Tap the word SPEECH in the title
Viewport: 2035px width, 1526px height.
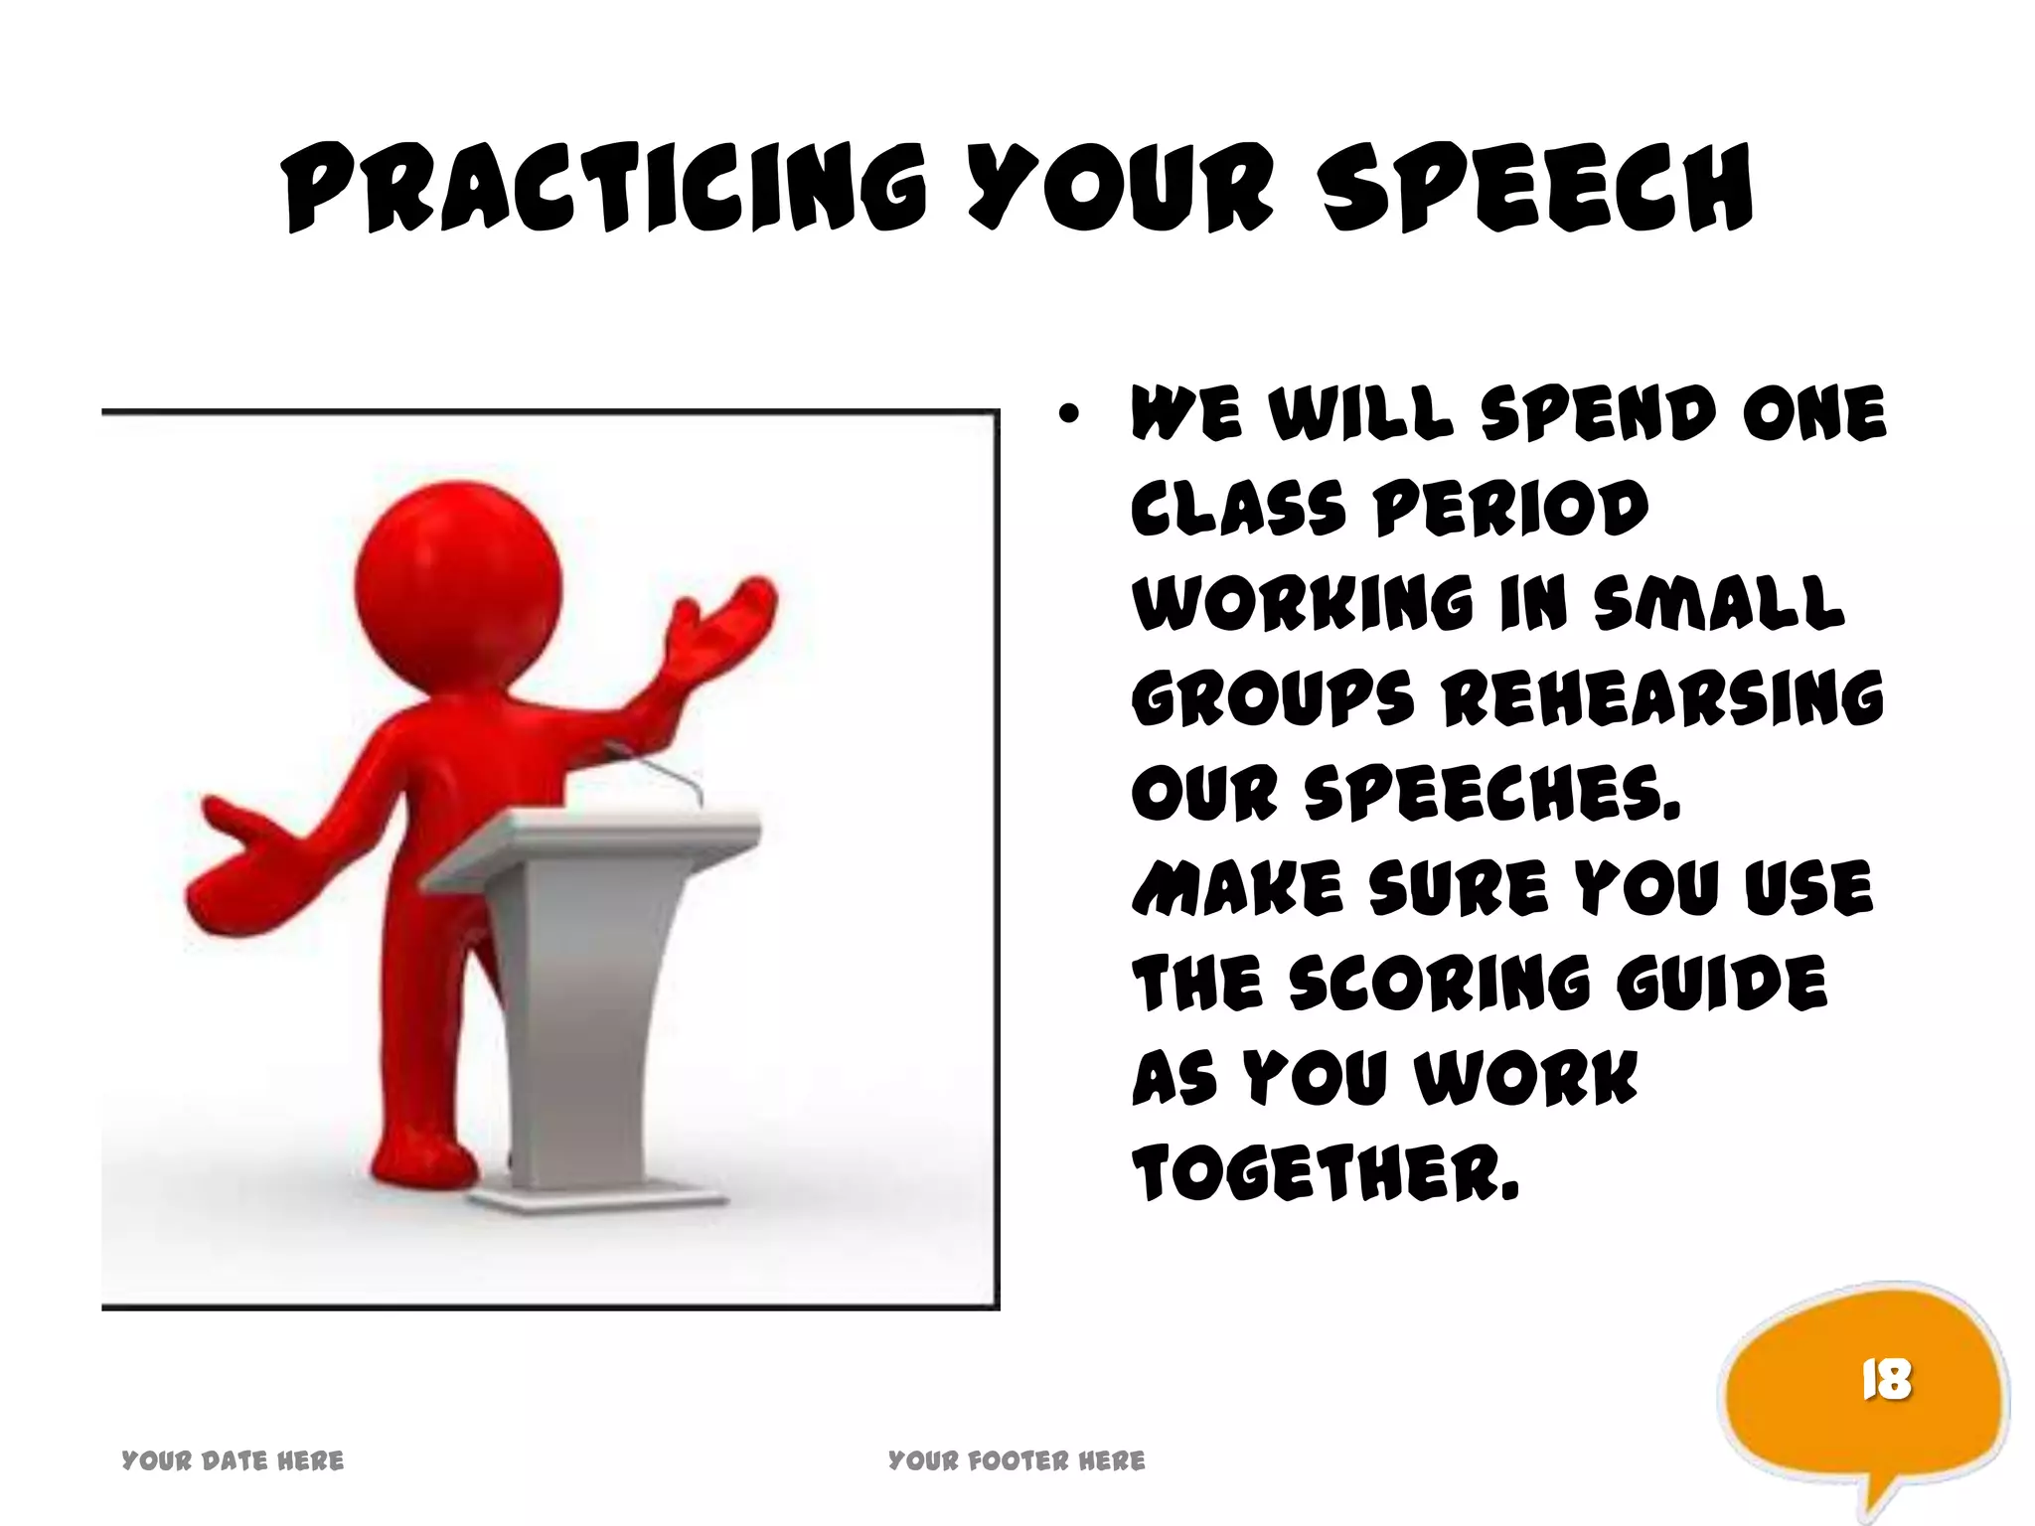pos(1536,188)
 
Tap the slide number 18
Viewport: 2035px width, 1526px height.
pos(1885,1380)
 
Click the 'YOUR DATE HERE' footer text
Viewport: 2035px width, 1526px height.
pos(233,1460)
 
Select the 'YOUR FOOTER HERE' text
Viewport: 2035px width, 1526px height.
pos(1017,1460)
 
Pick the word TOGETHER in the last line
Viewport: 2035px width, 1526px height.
pos(1327,1173)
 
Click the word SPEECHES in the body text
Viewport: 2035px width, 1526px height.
pos(1491,794)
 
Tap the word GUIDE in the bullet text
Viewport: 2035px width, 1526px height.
pos(1722,984)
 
